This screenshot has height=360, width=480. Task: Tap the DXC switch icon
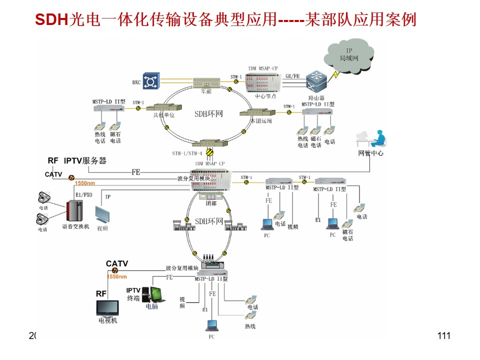(x=150, y=81)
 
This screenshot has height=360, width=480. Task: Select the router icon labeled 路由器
(x=317, y=82)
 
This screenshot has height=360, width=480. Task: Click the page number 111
(x=443, y=335)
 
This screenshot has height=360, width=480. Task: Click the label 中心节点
(x=265, y=96)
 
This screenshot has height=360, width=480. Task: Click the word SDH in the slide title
(x=50, y=19)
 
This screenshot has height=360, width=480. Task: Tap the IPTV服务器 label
(x=85, y=160)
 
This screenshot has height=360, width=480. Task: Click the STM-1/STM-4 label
(x=187, y=153)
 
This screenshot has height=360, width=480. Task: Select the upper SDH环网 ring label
(x=208, y=114)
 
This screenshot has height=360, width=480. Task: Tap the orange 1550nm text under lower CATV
(x=116, y=276)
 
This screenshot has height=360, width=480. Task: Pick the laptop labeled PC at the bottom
(x=211, y=325)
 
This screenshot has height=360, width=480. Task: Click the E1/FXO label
(x=83, y=194)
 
